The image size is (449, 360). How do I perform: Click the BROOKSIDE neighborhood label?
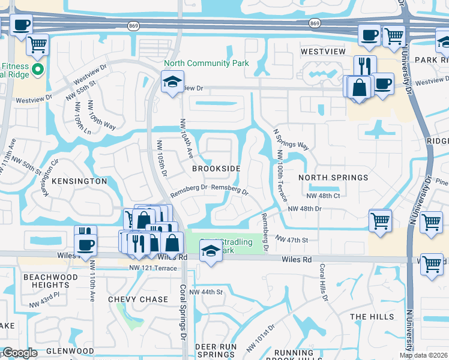tap(216, 169)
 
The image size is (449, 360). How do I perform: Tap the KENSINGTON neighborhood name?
tap(79, 181)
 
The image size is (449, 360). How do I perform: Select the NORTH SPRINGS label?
tap(333, 178)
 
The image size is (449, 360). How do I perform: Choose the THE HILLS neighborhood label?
tap(372, 317)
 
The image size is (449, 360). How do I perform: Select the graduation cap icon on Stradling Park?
tap(211, 253)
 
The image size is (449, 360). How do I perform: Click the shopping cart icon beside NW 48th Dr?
tap(381, 221)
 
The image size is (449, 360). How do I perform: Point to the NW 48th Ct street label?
tap(323, 196)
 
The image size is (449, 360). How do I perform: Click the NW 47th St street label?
tap(292, 239)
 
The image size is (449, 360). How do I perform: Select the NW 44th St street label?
tap(206, 292)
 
